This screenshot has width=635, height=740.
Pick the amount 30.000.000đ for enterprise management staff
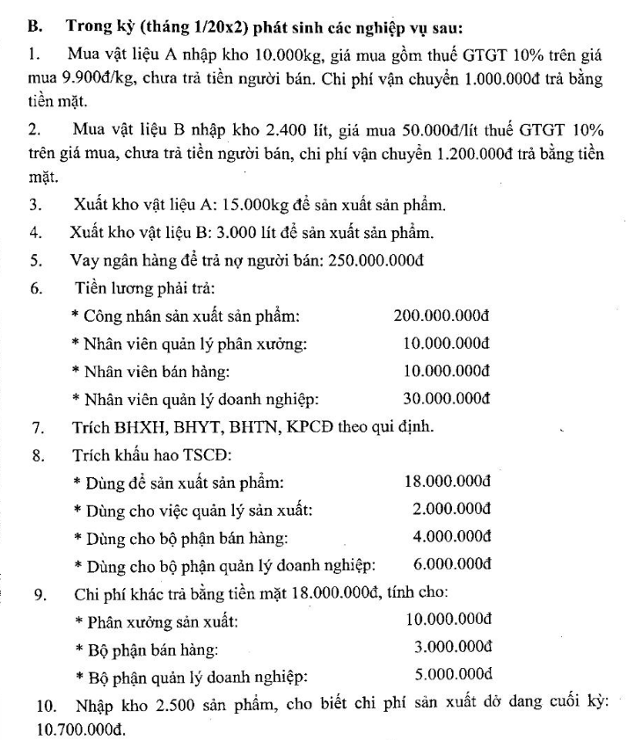point(447,398)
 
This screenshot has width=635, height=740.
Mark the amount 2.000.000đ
point(451,509)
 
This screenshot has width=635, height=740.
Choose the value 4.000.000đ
point(451,536)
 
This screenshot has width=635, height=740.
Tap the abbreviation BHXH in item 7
point(123,427)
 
